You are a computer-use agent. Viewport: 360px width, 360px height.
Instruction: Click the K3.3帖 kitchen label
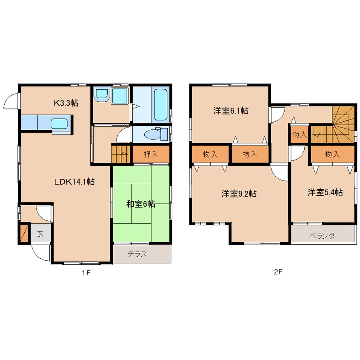click(x=66, y=103)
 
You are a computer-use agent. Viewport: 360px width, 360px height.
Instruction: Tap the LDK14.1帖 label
click(x=74, y=182)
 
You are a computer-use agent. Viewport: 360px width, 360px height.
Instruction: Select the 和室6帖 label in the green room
click(x=141, y=204)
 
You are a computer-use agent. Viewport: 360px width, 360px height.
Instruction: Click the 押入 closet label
click(x=151, y=154)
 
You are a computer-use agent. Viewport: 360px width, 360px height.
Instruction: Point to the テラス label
click(x=137, y=254)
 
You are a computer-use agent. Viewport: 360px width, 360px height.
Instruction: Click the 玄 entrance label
click(x=40, y=234)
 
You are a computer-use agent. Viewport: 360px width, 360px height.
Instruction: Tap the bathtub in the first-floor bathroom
click(x=160, y=104)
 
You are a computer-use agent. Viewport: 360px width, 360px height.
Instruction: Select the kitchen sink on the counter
click(x=59, y=124)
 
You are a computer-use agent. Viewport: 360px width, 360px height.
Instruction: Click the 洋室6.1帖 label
click(x=231, y=111)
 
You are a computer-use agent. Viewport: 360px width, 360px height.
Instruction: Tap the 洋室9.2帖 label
click(x=239, y=194)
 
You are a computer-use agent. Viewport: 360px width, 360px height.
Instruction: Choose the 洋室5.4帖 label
click(x=325, y=192)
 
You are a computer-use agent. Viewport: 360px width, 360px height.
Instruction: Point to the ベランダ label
click(x=321, y=236)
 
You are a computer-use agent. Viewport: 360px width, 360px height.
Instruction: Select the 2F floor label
click(x=278, y=272)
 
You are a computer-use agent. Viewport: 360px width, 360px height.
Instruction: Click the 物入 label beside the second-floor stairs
click(x=300, y=134)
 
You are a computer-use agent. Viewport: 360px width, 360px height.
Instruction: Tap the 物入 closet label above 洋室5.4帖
click(x=332, y=154)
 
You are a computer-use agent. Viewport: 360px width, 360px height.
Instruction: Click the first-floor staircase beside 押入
click(x=121, y=153)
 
